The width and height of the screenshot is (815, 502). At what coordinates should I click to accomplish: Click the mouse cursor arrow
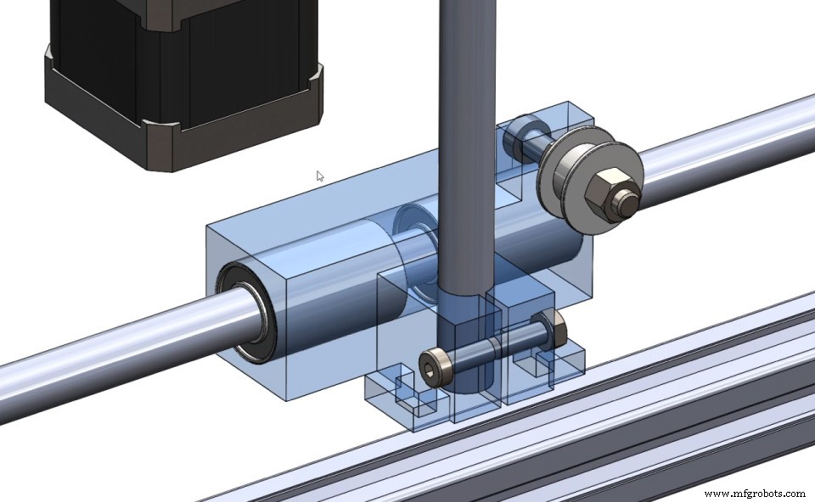tap(320, 176)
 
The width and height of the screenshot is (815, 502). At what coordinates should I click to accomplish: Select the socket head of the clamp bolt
tap(433, 369)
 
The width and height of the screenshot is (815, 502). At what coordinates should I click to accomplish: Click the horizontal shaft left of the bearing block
tap(102, 348)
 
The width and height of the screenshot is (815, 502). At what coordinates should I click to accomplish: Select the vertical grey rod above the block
tap(465, 127)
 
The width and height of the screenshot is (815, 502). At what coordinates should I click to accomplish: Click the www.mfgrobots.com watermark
tap(754, 493)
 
